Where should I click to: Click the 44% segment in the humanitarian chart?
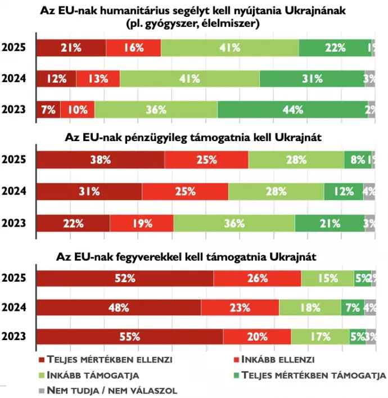(x=292, y=110)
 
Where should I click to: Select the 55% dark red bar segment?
(x=130, y=337)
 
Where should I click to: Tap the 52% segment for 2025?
(x=125, y=278)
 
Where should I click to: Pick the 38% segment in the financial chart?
(x=101, y=160)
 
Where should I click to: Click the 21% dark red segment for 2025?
(x=71, y=48)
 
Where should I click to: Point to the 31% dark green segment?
(x=312, y=79)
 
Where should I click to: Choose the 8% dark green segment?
(x=357, y=160)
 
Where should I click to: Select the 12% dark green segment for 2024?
(x=344, y=192)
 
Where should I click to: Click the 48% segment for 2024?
(x=119, y=307)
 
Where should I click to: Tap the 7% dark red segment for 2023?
(x=48, y=110)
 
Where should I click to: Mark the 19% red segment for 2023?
(x=142, y=223)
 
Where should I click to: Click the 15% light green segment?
(x=327, y=278)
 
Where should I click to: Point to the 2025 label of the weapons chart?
(x=14, y=278)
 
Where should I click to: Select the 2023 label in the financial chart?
(x=14, y=223)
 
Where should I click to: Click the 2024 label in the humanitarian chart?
(x=14, y=79)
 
